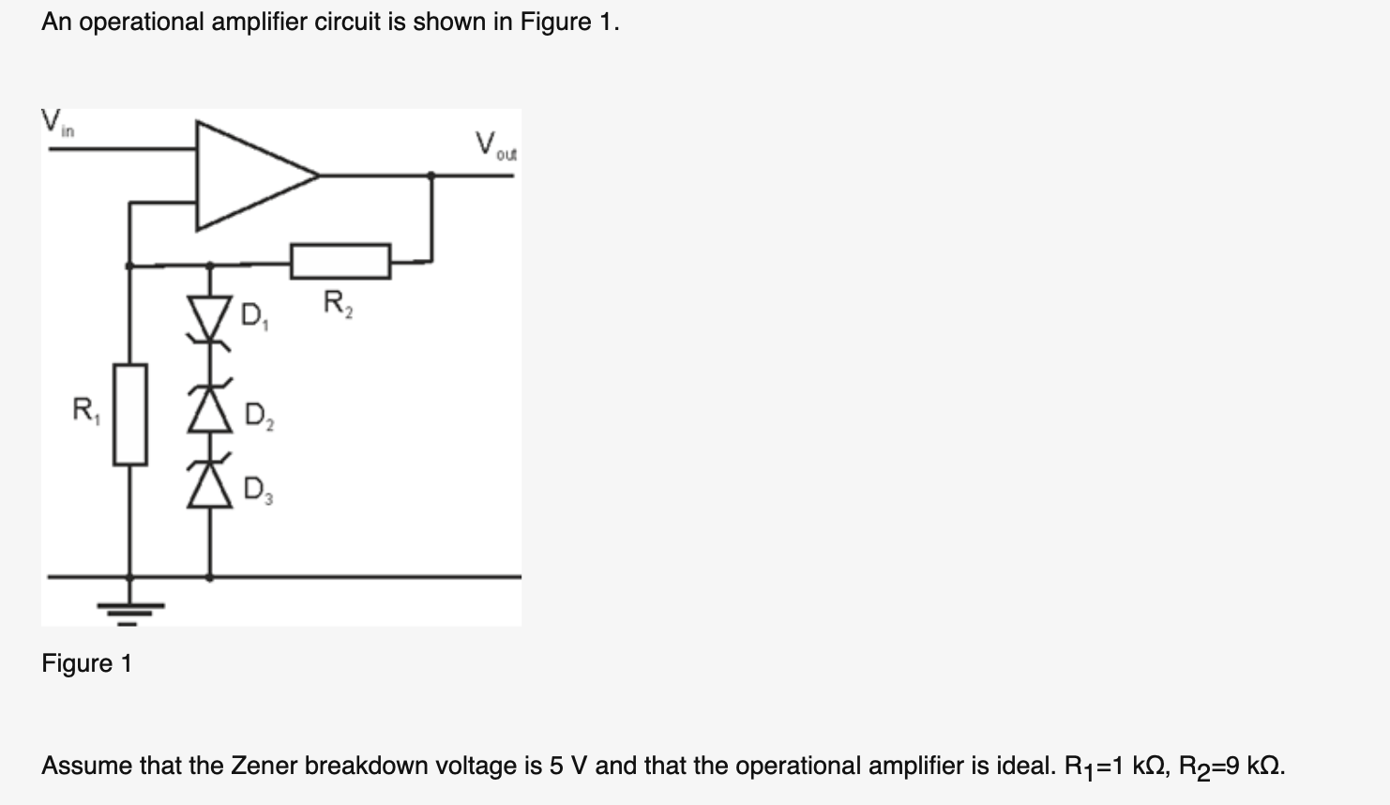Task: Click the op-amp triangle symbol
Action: (x=249, y=175)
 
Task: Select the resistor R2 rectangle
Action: (x=340, y=261)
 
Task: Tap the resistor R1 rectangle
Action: (x=130, y=414)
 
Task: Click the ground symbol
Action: (x=129, y=612)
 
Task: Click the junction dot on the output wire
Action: (x=431, y=175)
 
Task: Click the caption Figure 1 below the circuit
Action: (x=86, y=664)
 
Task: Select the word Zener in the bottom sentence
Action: (x=264, y=767)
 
